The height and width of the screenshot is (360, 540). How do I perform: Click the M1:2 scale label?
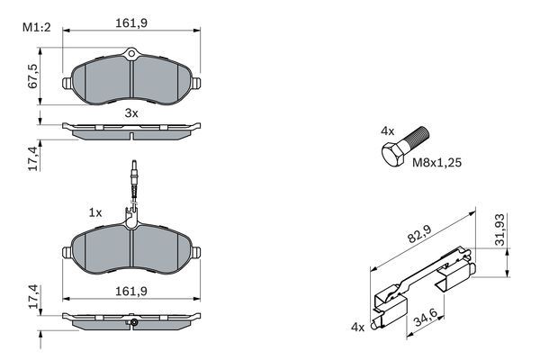click(x=34, y=26)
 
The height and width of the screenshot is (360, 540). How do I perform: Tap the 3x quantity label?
click(x=130, y=113)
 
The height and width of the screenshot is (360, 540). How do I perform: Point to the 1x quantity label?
click(x=94, y=212)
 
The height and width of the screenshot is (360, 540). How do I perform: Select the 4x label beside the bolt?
click(x=387, y=131)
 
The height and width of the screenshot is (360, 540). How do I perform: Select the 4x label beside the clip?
click(x=357, y=328)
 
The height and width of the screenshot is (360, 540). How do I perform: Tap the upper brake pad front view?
click(x=132, y=78)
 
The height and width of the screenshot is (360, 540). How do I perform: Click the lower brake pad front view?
click(x=132, y=250)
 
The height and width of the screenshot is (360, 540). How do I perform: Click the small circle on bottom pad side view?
click(x=132, y=322)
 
